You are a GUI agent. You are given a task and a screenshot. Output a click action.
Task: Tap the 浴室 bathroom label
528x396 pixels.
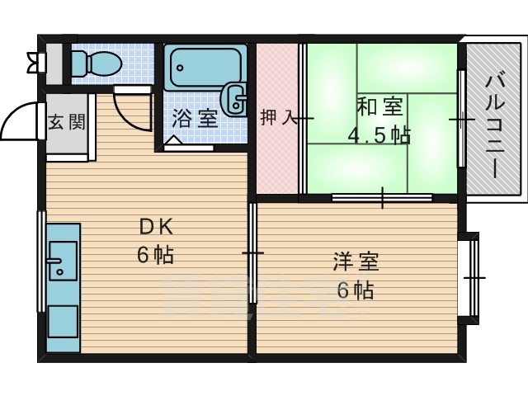195,118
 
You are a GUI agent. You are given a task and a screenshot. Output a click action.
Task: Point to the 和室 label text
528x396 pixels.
380,107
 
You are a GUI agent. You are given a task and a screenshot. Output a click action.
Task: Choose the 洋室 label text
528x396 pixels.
356,263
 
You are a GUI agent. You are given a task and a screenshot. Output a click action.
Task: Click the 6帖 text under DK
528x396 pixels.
155,255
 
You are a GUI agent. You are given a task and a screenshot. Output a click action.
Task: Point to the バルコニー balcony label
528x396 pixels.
494,125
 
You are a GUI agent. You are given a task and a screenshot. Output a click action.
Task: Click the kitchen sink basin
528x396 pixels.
62,262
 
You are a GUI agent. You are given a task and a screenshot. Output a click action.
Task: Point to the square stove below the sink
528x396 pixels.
63,321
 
